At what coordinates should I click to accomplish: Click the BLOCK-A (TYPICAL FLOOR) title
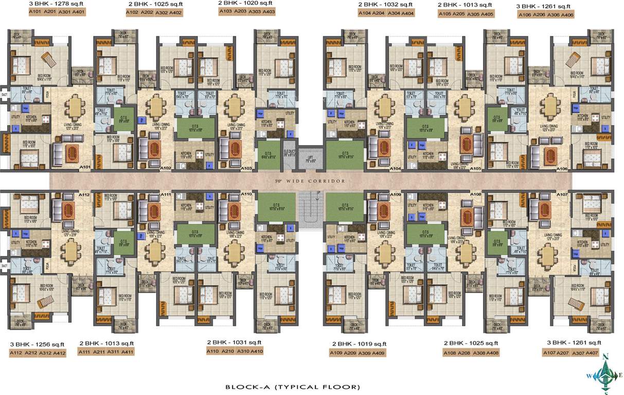point(292,387)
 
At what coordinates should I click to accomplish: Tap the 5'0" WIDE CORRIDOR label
point(310,181)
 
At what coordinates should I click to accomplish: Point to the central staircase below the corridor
point(311,208)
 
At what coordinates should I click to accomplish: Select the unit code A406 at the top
point(567,15)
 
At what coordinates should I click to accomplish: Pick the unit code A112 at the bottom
point(16,353)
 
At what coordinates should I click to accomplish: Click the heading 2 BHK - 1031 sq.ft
point(235,343)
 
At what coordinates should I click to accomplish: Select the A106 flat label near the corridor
point(562,169)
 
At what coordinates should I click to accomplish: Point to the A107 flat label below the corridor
point(562,194)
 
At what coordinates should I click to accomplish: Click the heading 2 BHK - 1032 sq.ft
point(385,5)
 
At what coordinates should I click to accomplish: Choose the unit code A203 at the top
point(240,11)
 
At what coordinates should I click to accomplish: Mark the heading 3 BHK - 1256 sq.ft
point(37,344)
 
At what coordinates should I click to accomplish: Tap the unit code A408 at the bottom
point(492,353)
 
